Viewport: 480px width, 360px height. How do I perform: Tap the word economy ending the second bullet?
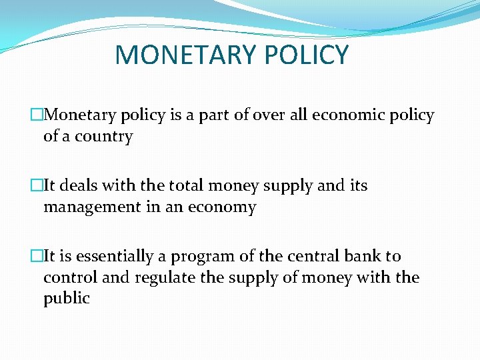pyautogui.click(x=222, y=207)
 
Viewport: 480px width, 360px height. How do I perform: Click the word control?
pyautogui.click(x=71, y=277)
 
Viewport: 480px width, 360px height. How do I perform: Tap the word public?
pyautogui.click(x=66, y=298)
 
